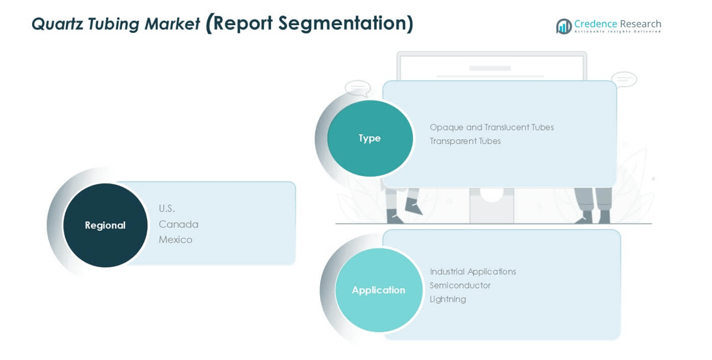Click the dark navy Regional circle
point(105,225)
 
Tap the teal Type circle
point(370,138)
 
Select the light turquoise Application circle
point(379,290)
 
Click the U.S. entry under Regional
point(167,209)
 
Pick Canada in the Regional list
point(178,224)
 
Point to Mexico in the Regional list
point(175,240)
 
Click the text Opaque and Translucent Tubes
point(491,127)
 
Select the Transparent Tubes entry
point(465,141)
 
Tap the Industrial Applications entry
point(473,271)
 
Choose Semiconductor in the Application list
point(460,285)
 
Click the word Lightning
point(448,299)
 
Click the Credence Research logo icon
point(564,26)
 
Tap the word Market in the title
point(172,24)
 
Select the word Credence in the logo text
point(595,24)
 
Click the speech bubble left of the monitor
point(358,89)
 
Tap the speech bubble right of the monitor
point(623,79)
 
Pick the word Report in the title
point(242,23)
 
